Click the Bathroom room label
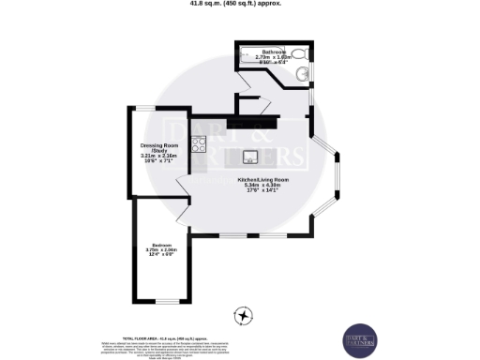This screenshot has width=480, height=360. click(274, 51)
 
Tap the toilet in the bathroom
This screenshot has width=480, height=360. click(298, 54)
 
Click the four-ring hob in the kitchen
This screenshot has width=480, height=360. click(198, 144)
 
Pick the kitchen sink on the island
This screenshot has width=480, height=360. click(251, 156)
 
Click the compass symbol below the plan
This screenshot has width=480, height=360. click(244, 315)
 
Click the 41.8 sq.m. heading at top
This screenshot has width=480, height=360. click(240, 4)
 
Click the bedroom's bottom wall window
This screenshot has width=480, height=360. click(168, 300)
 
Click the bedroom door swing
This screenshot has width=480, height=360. click(186, 217)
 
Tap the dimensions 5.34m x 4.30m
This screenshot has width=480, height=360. click(262, 186)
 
